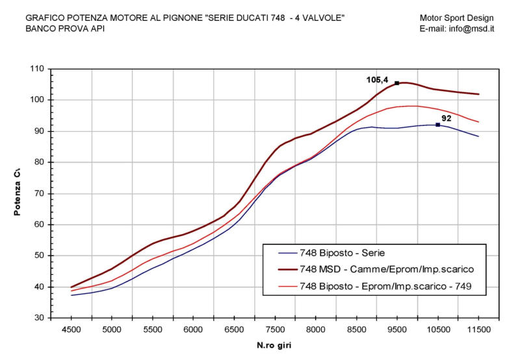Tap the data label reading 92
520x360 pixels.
(x=447, y=118)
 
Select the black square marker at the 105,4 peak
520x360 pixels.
(x=396, y=83)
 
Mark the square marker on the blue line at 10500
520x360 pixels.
(x=437, y=125)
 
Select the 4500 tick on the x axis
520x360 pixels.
(x=71, y=330)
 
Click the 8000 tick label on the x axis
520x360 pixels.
(x=315, y=330)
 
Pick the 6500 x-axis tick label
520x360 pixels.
(x=234, y=330)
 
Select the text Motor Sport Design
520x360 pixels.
(x=457, y=18)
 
